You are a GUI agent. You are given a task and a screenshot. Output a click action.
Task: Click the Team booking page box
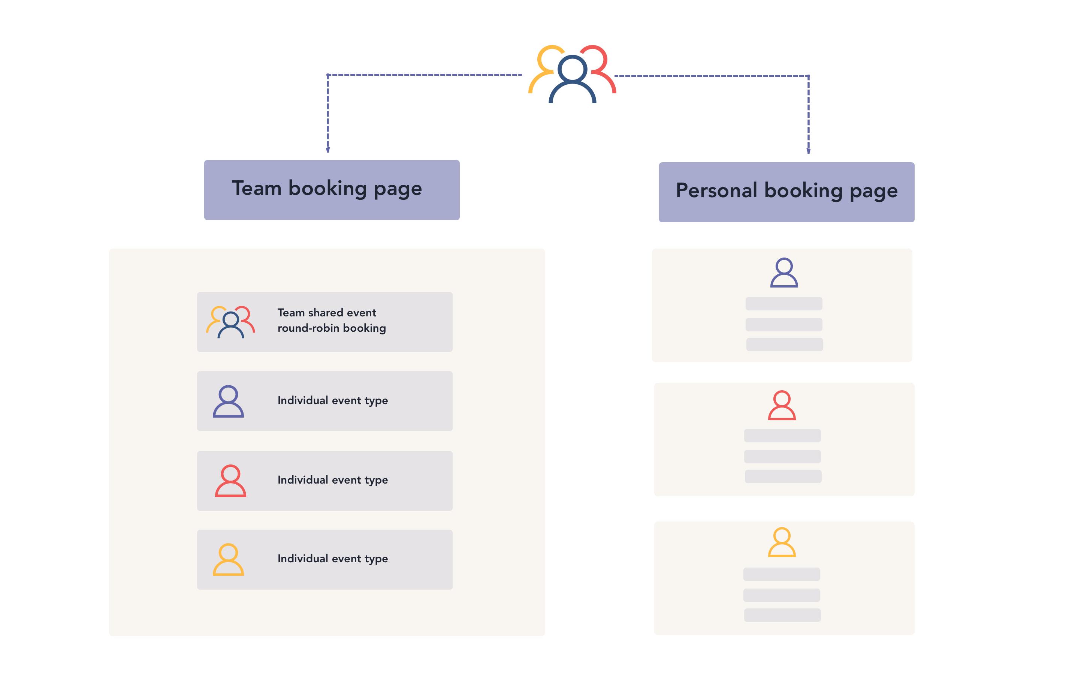point(332,190)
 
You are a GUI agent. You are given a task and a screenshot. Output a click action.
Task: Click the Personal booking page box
point(786,192)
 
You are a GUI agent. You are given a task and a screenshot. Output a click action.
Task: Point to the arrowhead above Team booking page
point(328,150)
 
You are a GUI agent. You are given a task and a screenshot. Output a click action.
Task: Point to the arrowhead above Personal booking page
point(808,151)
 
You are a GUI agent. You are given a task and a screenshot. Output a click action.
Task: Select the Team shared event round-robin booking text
point(331,321)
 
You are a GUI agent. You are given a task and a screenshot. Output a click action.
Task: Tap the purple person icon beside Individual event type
point(228,401)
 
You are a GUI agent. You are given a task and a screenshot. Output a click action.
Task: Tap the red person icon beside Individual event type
point(230,481)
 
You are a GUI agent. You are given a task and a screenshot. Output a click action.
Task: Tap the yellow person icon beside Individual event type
point(228,560)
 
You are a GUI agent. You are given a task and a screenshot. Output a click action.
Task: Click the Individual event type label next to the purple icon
point(333,400)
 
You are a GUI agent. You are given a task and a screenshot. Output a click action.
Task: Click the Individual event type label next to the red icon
point(333,480)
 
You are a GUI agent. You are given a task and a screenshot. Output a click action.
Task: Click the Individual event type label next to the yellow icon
point(333,559)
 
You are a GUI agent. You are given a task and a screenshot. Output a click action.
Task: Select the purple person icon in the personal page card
point(784,273)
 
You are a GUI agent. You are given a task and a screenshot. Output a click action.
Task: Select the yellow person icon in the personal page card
point(782,542)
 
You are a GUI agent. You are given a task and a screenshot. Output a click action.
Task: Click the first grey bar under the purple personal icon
point(783,304)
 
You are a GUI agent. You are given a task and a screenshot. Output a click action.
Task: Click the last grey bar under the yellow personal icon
point(782,615)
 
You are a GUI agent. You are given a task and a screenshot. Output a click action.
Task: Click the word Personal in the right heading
point(716,190)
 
